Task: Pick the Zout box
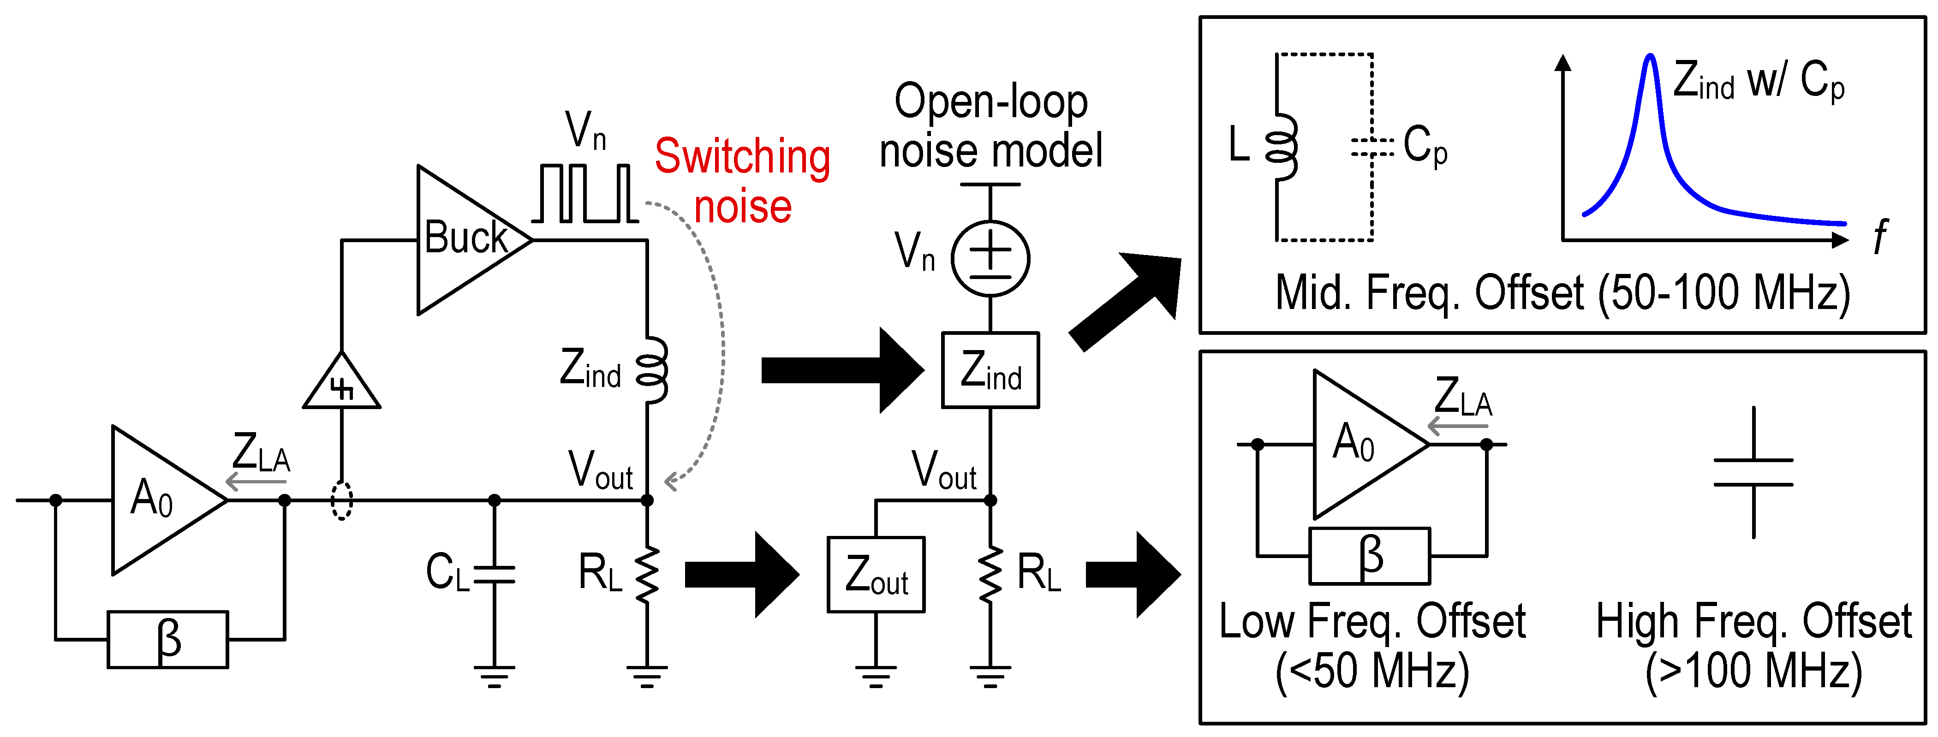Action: (876, 575)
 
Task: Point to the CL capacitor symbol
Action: (494, 575)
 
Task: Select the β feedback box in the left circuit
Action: (168, 639)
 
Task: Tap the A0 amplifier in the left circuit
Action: (162, 500)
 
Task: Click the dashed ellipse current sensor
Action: (341, 500)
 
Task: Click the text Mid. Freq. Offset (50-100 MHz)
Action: (1562, 293)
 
